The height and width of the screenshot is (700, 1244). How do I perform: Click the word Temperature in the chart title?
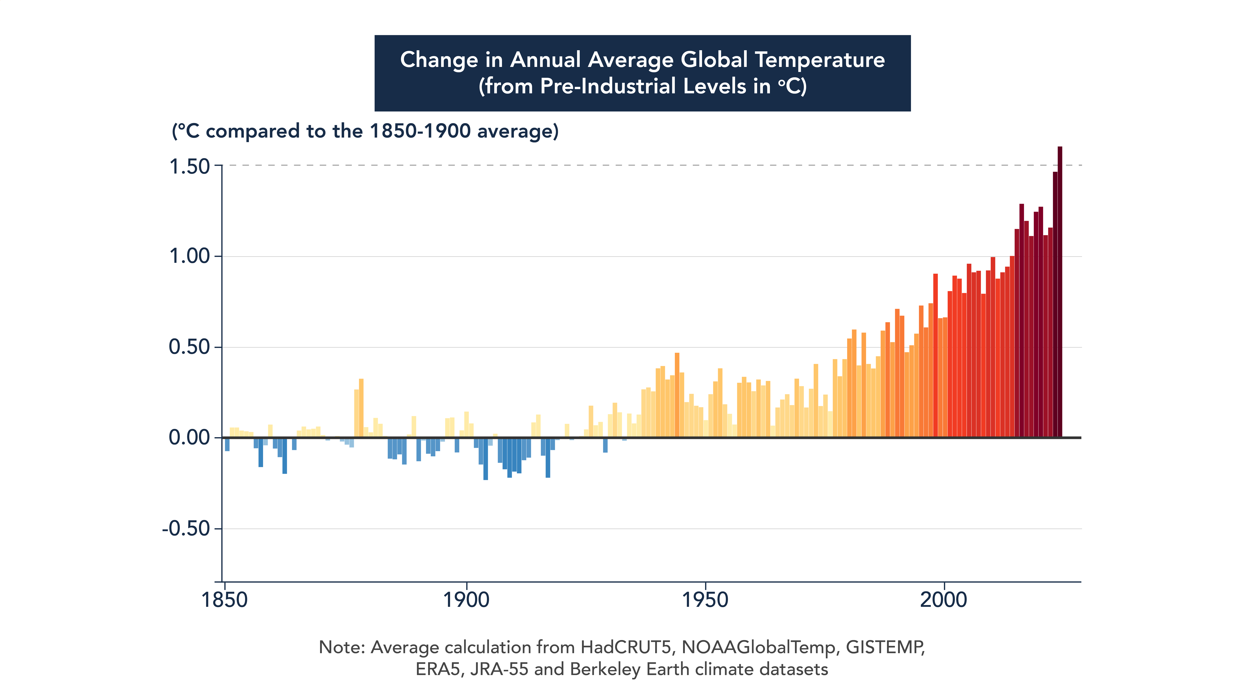coord(819,60)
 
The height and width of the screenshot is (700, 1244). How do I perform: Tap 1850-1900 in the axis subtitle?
coord(420,131)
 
